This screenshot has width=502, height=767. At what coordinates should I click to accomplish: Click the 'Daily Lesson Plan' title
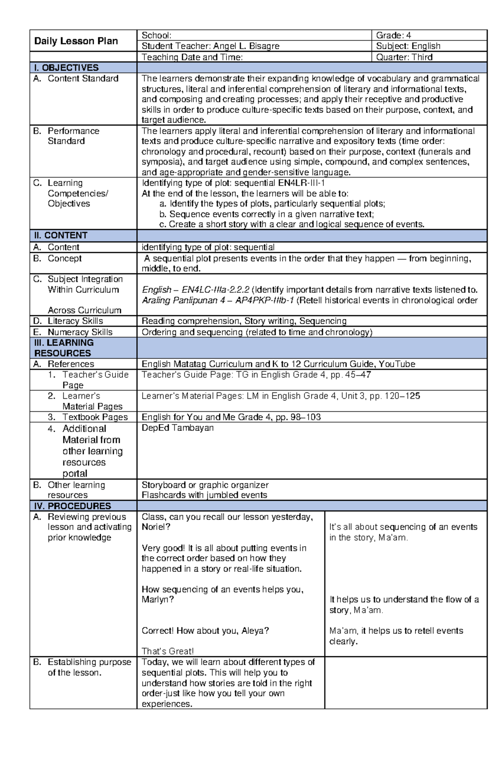[x=76, y=41]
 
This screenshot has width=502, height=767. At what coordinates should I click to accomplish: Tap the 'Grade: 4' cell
[x=393, y=36]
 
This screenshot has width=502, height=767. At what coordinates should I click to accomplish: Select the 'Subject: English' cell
[x=408, y=46]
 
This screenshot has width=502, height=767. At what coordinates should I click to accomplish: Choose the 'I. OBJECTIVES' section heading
[x=66, y=68]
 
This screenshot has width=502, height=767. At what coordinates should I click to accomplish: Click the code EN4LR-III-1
[x=301, y=183]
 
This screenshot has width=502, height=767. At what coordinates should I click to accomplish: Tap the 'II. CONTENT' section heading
[x=61, y=235]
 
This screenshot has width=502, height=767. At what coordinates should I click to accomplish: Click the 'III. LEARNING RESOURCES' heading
[x=63, y=348]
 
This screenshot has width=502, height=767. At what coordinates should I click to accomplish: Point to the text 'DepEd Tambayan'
[x=177, y=428]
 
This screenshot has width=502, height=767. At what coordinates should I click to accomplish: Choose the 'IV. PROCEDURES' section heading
[x=72, y=506]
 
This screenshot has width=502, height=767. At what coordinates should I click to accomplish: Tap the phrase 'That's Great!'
[x=167, y=651]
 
